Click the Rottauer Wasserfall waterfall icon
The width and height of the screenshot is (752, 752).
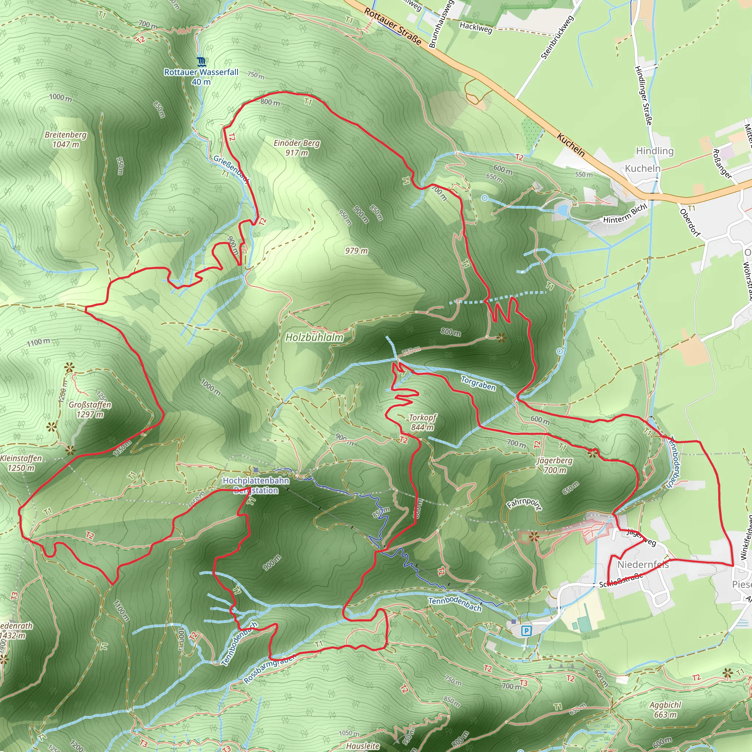tap(201, 61)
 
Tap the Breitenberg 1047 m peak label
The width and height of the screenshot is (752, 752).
tap(66, 139)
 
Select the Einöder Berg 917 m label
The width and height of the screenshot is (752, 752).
tap(297, 148)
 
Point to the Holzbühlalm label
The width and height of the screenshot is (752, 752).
tap(315, 337)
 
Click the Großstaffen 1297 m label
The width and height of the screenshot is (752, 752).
tap(90, 409)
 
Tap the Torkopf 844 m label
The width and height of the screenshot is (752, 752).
tap(423, 422)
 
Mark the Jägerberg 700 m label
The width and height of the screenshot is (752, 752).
tap(555, 465)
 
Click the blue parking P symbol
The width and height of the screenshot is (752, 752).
tap(526, 631)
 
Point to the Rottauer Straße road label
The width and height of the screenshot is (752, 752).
tap(393, 26)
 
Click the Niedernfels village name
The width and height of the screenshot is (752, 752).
tap(643, 564)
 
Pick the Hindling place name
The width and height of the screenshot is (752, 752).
tap(655, 151)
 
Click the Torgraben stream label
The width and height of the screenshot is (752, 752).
tap(478, 383)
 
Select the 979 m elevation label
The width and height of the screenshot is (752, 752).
tap(356, 251)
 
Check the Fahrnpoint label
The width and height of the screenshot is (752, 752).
tap(524, 504)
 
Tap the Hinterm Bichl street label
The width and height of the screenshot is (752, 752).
tap(625, 214)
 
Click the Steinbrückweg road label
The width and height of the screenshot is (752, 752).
tap(557, 37)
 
